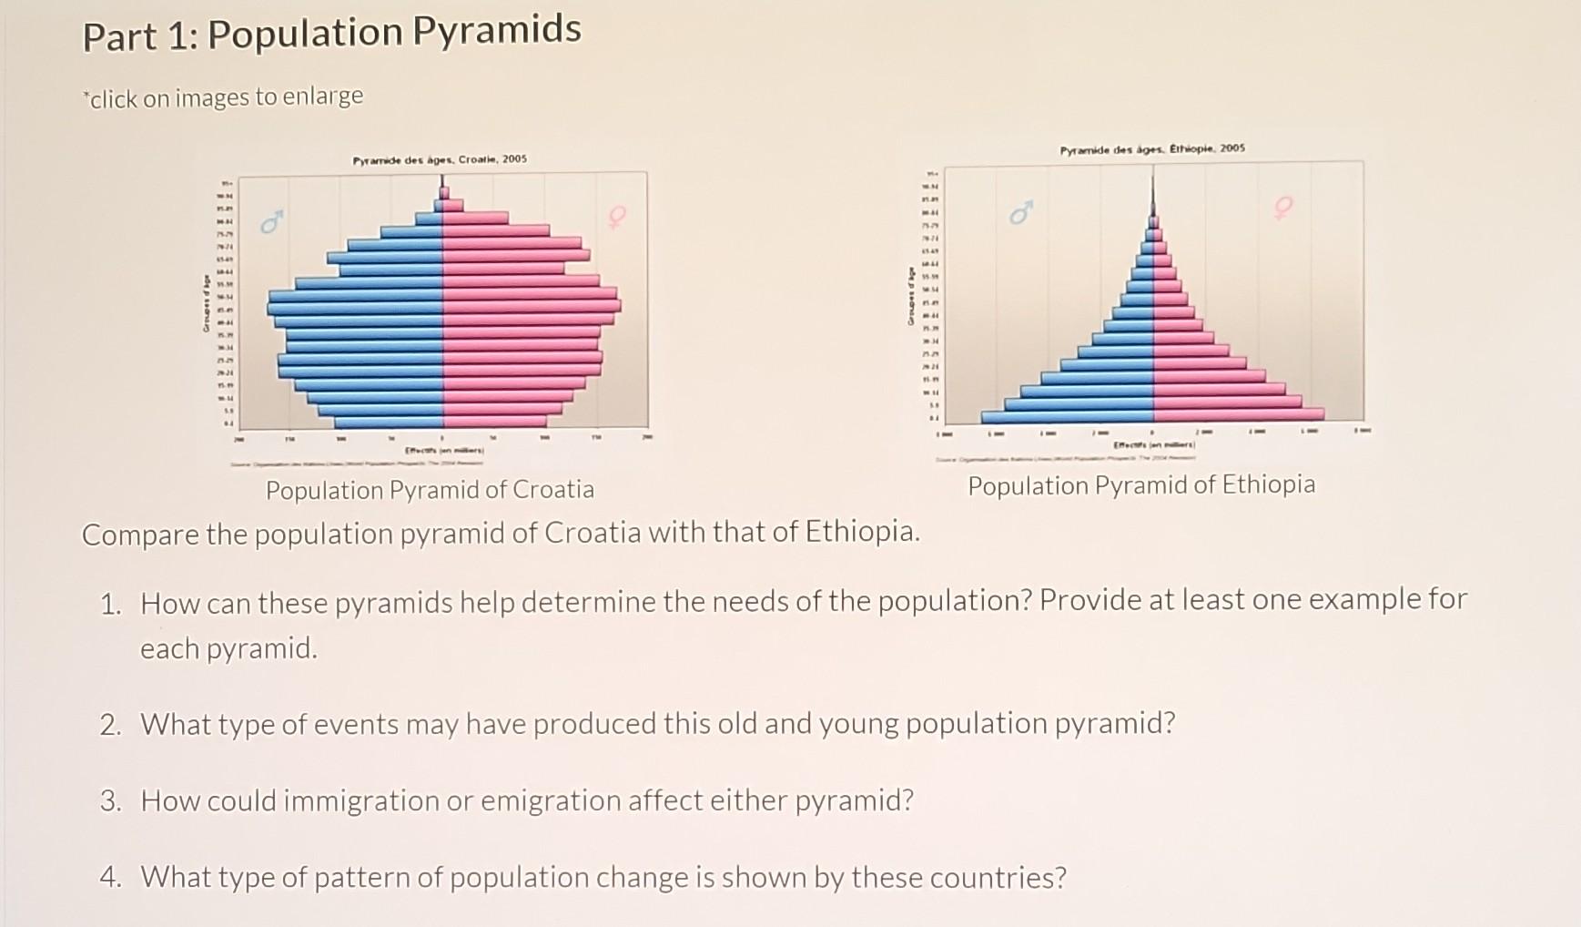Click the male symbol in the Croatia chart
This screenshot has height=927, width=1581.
[270, 222]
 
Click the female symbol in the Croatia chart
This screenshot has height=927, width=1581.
[617, 217]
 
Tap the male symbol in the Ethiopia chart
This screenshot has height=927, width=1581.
[1021, 214]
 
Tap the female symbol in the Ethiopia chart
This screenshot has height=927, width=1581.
[1283, 208]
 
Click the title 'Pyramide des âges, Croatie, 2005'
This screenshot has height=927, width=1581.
[440, 159]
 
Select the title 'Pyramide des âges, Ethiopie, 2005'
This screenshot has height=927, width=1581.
[1152, 148]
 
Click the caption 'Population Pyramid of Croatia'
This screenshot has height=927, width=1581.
[430, 490]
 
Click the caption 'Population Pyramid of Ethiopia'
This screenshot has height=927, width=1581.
[1141, 484]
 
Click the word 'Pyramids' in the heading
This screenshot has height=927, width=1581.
[497, 30]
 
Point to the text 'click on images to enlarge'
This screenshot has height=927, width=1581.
[226, 97]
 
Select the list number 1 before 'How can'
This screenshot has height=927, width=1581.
[110, 604]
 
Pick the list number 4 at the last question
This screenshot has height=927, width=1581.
[110, 877]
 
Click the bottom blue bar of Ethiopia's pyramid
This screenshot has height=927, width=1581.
[1067, 416]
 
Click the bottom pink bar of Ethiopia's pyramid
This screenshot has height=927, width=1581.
[1238, 415]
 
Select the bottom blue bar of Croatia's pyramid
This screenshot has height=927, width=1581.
[390, 423]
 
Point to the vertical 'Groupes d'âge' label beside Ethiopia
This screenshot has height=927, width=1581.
[907, 296]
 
